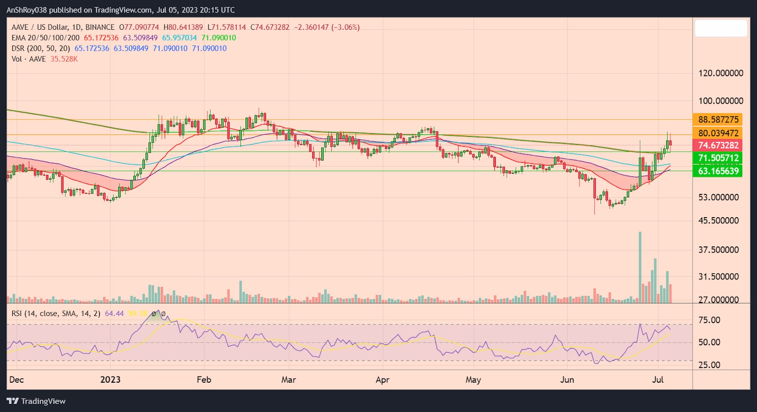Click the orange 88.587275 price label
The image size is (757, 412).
(718, 120)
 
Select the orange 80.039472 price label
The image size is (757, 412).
(718, 133)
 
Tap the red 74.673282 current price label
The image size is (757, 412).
(718, 145)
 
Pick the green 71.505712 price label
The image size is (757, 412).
(718, 158)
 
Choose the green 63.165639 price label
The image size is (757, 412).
(718, 171)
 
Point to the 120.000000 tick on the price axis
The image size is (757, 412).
(721, 73)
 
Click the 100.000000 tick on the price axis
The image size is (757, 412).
(721, 101)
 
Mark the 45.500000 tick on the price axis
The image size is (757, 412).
(719, 220)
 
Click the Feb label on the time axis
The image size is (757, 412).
(204, 380)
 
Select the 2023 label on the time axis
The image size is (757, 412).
(110, 380)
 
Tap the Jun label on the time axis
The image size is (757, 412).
(567, 380)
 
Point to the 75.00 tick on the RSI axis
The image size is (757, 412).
(709, 320)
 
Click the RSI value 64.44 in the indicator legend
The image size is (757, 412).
(114, 314)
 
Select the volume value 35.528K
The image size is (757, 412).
(64, 59)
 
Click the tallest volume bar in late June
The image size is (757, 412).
(640, 267)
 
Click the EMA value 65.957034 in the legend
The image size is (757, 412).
(179, 38)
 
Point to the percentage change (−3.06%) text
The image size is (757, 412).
(345, 27)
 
